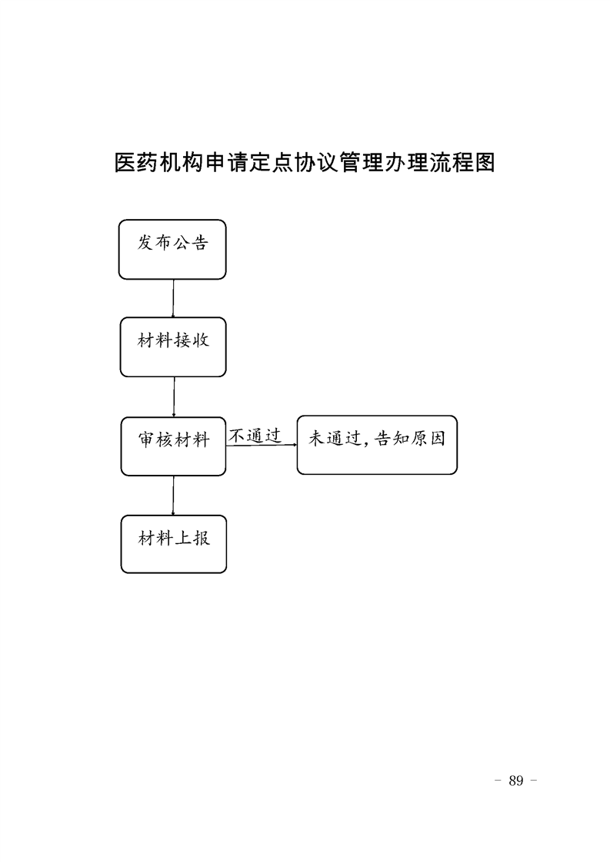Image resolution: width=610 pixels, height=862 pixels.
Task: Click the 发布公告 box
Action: [x=172, y=250]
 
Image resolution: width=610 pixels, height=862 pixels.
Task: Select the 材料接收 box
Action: [x=173, y=347]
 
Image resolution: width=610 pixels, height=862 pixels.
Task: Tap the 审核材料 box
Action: [x=173, y=446]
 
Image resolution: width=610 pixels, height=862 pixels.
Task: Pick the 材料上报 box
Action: [x=173, y=544]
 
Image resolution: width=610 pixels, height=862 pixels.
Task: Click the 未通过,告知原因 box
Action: [x=377, y=445]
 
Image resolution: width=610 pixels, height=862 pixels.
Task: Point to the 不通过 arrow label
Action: [x=255, y=436]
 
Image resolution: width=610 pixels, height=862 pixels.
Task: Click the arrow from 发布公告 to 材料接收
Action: [x=173, y=299]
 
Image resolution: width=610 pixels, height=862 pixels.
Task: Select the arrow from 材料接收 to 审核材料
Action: [x=174, y=397]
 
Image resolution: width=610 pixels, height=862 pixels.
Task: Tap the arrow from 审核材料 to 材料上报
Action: [x=173, y=496]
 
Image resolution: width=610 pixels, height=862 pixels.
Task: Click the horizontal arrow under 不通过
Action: [x=262, y=446]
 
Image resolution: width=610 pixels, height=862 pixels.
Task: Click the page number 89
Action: [x=516, y=781]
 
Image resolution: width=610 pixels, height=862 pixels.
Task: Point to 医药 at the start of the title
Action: [x=136, y=163]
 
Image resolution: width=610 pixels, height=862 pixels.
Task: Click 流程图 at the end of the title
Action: [x=462, y=163]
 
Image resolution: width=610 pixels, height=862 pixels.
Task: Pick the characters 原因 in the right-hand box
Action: [x=428, y=439]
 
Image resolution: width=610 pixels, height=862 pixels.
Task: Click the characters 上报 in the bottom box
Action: [x=192, y=538]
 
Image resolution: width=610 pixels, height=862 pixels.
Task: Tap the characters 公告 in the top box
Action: [x=191, y=243]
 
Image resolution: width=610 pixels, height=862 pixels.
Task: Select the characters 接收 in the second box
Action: [x=192, y=340]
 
